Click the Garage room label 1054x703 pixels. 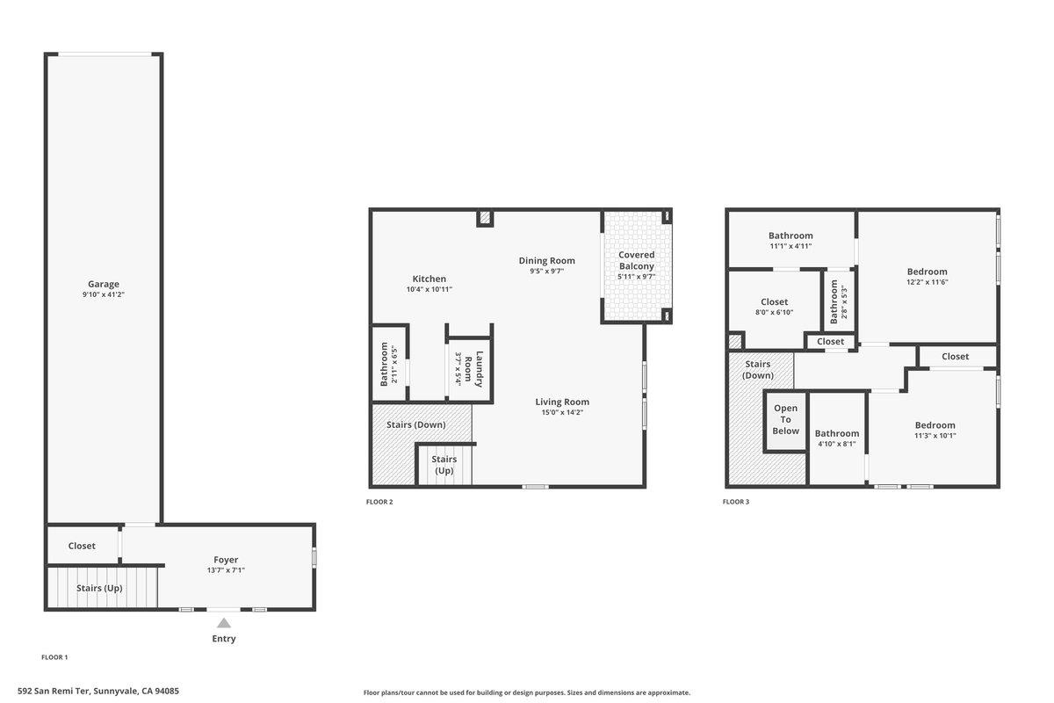[104, 284]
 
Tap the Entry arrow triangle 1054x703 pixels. [224, 623]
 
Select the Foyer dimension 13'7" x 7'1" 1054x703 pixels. [226, 570]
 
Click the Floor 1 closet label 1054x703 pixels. [82, 546]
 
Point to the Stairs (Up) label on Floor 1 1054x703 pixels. [99, 588]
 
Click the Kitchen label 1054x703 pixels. [430, 279]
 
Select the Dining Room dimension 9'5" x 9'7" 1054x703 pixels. [546, 272]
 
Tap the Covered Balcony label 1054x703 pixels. [636, 260]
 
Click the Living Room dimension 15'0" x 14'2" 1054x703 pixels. [562, 412]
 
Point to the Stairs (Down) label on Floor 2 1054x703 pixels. [415, 424]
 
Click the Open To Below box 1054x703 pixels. [785, 419]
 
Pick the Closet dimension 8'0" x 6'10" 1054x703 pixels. [774, 312]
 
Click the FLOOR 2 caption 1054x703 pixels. [379, 502]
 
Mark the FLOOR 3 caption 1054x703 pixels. [736, 502]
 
